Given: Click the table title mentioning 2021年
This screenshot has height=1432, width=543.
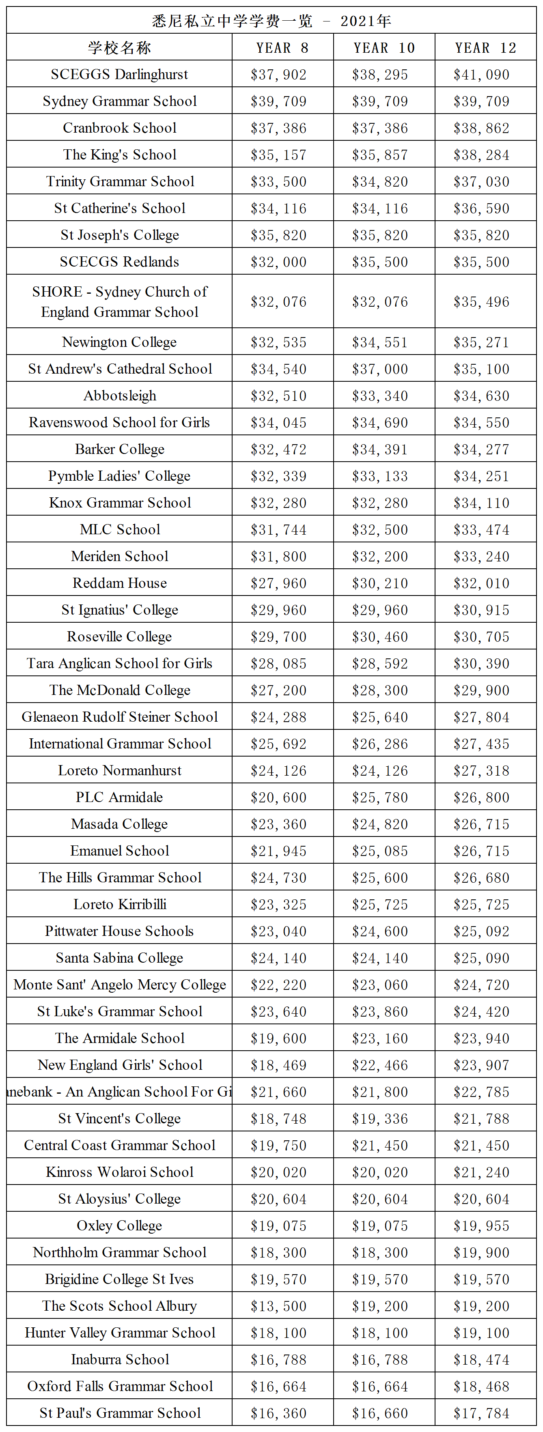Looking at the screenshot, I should tap(271, 21).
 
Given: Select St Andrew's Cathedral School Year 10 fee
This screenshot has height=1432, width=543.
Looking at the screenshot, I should tap(379, 369).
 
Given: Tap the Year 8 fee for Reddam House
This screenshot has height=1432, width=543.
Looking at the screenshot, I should tap(278, 583).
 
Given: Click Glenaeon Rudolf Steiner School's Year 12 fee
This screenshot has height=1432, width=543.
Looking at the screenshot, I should tap(481, 717).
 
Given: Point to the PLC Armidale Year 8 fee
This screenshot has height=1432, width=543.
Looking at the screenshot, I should tap(278, 797).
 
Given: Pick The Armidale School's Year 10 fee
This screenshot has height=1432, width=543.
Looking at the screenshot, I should tap(379, 1039).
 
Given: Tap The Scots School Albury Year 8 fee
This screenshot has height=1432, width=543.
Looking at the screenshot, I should tap(278, 1306).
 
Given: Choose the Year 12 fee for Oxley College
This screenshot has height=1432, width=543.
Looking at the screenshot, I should tap(481, 1226).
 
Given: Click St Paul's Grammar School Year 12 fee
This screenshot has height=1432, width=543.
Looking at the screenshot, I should tap(481, 1413).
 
